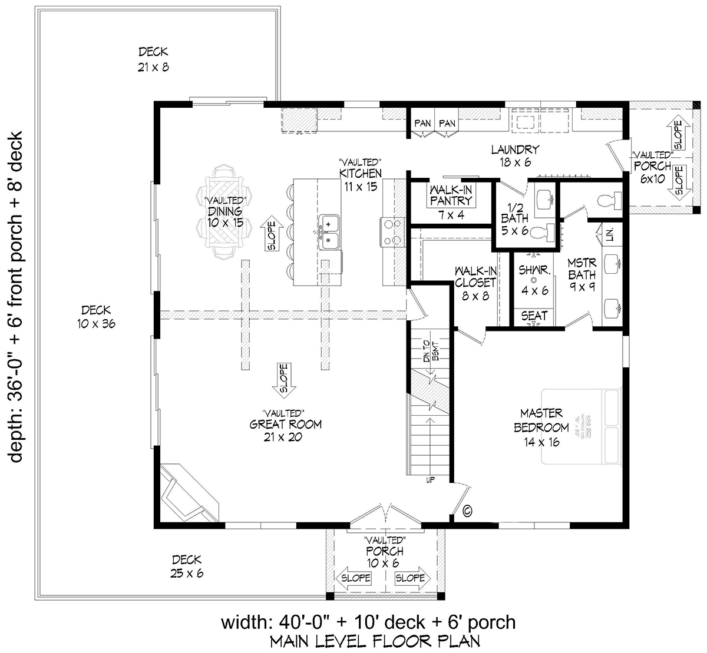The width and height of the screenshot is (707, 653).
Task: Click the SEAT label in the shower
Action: pos(534,316)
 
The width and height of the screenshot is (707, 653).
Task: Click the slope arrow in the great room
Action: pos(283,380)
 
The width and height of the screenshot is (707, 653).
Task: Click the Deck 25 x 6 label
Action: pos(187,566)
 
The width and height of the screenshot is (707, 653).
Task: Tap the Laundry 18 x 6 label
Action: pos(515,157)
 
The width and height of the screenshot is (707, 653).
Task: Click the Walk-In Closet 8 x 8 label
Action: pos(475,283)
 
